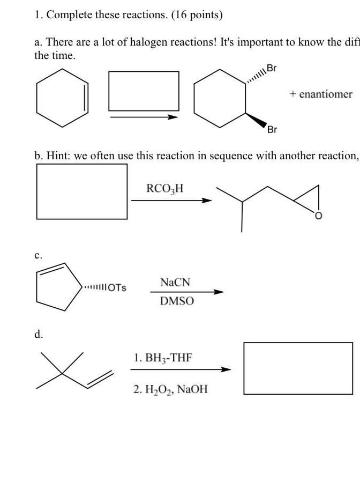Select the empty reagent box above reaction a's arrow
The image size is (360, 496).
click(x=144, y=91)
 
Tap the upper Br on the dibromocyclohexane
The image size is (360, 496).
click(x=272, y=68)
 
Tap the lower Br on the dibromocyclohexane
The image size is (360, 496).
click(x=272, y=129)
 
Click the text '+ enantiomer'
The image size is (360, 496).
click(x=321, y=94)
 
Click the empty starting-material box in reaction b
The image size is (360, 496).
click(x=82, y=191)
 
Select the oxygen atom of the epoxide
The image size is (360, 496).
click(x=318, y=216)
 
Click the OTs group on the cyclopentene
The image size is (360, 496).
click(x=117, y=287)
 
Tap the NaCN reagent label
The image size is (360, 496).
click(x=175, y=283)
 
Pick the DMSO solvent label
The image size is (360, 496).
click(x=177, y=301)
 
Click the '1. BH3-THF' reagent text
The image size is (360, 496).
click(x=162, y=358)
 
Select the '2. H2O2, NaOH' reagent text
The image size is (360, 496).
click(x=170, y=390)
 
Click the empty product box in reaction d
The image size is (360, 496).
click(x=298, y=368)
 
